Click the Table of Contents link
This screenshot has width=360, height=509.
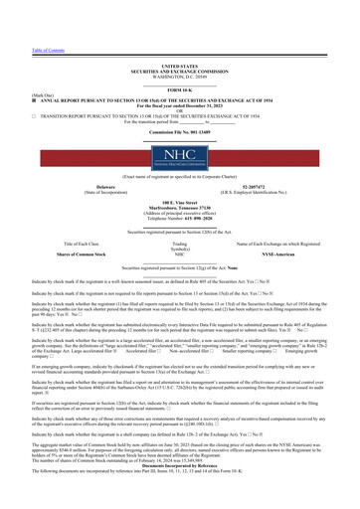click(20, 6)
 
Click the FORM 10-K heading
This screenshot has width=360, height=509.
click(180, 63)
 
